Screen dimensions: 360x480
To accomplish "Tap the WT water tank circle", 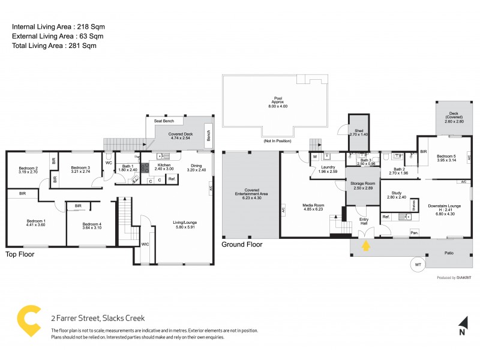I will coord(418,264).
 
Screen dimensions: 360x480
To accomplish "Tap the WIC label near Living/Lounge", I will coord(145,244).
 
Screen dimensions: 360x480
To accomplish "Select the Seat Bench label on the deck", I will coord(164,121).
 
